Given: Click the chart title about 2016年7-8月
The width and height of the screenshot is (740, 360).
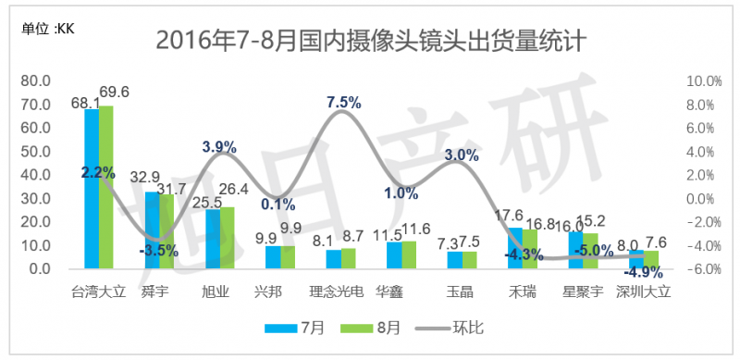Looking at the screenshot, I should click(369, 41).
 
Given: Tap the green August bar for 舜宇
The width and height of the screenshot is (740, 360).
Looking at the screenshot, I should click(166, 232).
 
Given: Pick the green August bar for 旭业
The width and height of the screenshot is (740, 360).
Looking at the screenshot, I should click(227, 238).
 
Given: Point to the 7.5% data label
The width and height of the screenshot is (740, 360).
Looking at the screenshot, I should click(344, 102).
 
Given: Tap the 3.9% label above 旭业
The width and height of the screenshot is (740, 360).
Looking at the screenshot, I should click(219, 146).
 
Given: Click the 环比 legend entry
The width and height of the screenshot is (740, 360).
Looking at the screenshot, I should click(455, 328).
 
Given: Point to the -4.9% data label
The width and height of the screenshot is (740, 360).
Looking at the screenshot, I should click(641, 272).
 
